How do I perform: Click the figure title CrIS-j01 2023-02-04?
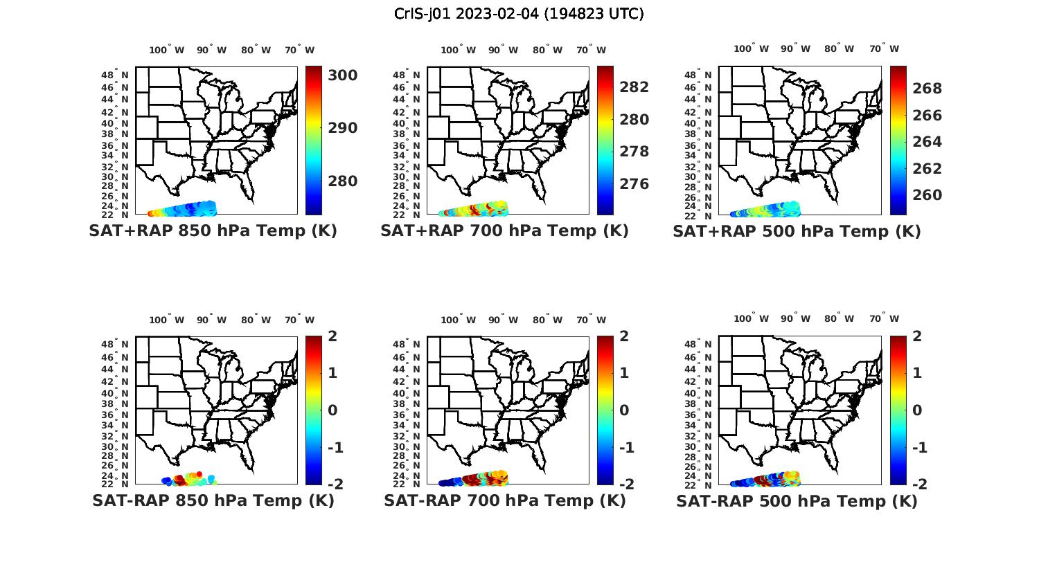pos(519,14)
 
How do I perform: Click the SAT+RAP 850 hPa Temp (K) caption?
pos(213,231)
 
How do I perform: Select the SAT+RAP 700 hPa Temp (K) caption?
pos(504,231)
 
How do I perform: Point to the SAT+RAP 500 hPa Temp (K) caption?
pos(797,232)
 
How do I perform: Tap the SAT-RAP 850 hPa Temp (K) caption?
pos(213,500)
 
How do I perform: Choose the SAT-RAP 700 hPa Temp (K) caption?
pos(504,500)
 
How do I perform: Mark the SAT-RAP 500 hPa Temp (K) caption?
pos(797,501)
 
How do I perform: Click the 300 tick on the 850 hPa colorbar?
pos(342,75)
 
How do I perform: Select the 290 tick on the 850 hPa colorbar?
pos(342,128)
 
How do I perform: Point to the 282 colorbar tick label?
pos(634,87)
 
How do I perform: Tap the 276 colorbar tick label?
pos(634,184)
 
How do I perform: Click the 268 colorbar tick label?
pos(927,89)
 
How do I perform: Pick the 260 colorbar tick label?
pos(927,195)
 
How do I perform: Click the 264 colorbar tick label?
pos(927,142)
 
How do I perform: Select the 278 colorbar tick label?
pos(634,152)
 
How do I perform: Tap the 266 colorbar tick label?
pos(927,116)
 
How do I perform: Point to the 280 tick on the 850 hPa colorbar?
pos(342,181)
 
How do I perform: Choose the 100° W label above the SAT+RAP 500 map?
pos(751,49)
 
